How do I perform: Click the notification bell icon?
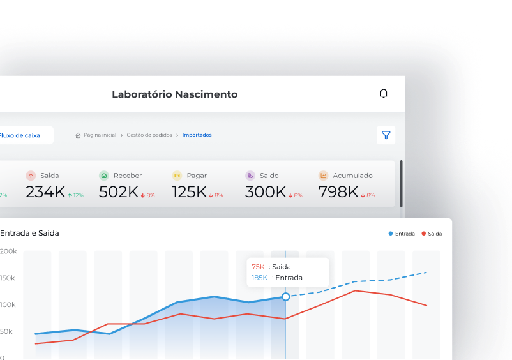pos(384,94)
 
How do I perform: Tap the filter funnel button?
pos(386,135)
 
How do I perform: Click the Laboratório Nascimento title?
pos(174,94)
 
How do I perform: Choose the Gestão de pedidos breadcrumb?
pos(149,135)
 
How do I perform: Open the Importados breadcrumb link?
pos(197,135)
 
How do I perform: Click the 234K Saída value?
pos(45,192)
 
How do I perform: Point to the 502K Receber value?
pos(119,192)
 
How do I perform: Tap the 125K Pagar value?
pos(190,192)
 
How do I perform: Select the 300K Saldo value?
pos(266,192)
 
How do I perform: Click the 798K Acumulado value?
pos(338,192)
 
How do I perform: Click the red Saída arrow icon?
pos(31,176)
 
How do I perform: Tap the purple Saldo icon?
pos(250,176)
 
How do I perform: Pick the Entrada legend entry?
pos(402,234)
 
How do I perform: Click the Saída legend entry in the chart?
pos(432,234)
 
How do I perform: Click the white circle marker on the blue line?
pos(285,297)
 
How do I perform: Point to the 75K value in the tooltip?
pos(258,267)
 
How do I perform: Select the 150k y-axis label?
pos(8,278)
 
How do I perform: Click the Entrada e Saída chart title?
pos(29,233)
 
